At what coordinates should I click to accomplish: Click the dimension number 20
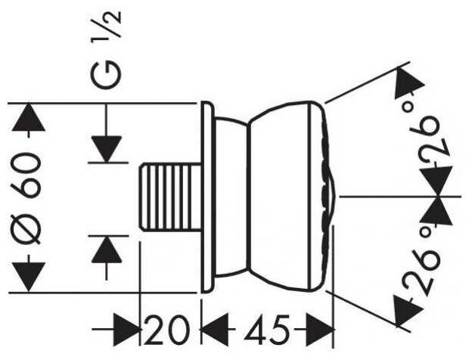click(x=167, y=329)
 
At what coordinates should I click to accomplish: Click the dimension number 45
click(x=267, y=328)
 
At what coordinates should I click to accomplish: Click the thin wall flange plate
click(x=208, y=197)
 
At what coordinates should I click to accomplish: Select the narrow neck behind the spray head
click(x=231, y=197)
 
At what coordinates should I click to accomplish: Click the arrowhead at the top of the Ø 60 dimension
click(x=29, y=117)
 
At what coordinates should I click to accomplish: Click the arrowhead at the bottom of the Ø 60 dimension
click(x=29, y=277)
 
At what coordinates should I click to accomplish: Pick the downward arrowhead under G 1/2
click(x=106, y=149)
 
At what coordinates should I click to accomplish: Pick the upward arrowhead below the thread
click(x=107, y=250)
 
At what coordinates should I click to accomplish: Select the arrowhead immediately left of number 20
click(x=126, y=330)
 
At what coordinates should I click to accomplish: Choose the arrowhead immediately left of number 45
click(x=215, y=328)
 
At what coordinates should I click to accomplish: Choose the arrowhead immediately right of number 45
click(x=320, y=329)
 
